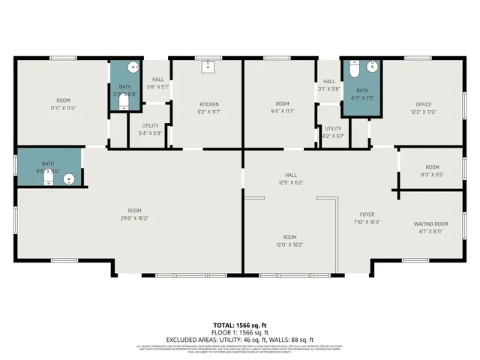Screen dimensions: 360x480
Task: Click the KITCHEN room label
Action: pyautogui.click(x=208, y=103)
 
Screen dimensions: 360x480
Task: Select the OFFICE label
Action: pyautogui.click(x=424, y=103)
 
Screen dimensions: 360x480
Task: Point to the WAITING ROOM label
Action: pyautogui.click(x=430, y=223)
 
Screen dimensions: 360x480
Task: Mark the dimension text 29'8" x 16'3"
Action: pyautogui.click(x=134, y=218)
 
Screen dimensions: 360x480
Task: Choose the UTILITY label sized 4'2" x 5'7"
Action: pyautogui.click(x=332, y=128)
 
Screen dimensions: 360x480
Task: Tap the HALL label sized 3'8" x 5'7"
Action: pyautogui.click(x=157, y=79)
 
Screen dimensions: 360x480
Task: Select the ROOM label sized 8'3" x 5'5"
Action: pyautogui.click(x=432, y=167)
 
